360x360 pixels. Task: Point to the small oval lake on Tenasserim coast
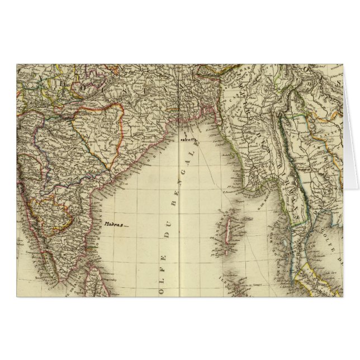(x=286, y=243)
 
